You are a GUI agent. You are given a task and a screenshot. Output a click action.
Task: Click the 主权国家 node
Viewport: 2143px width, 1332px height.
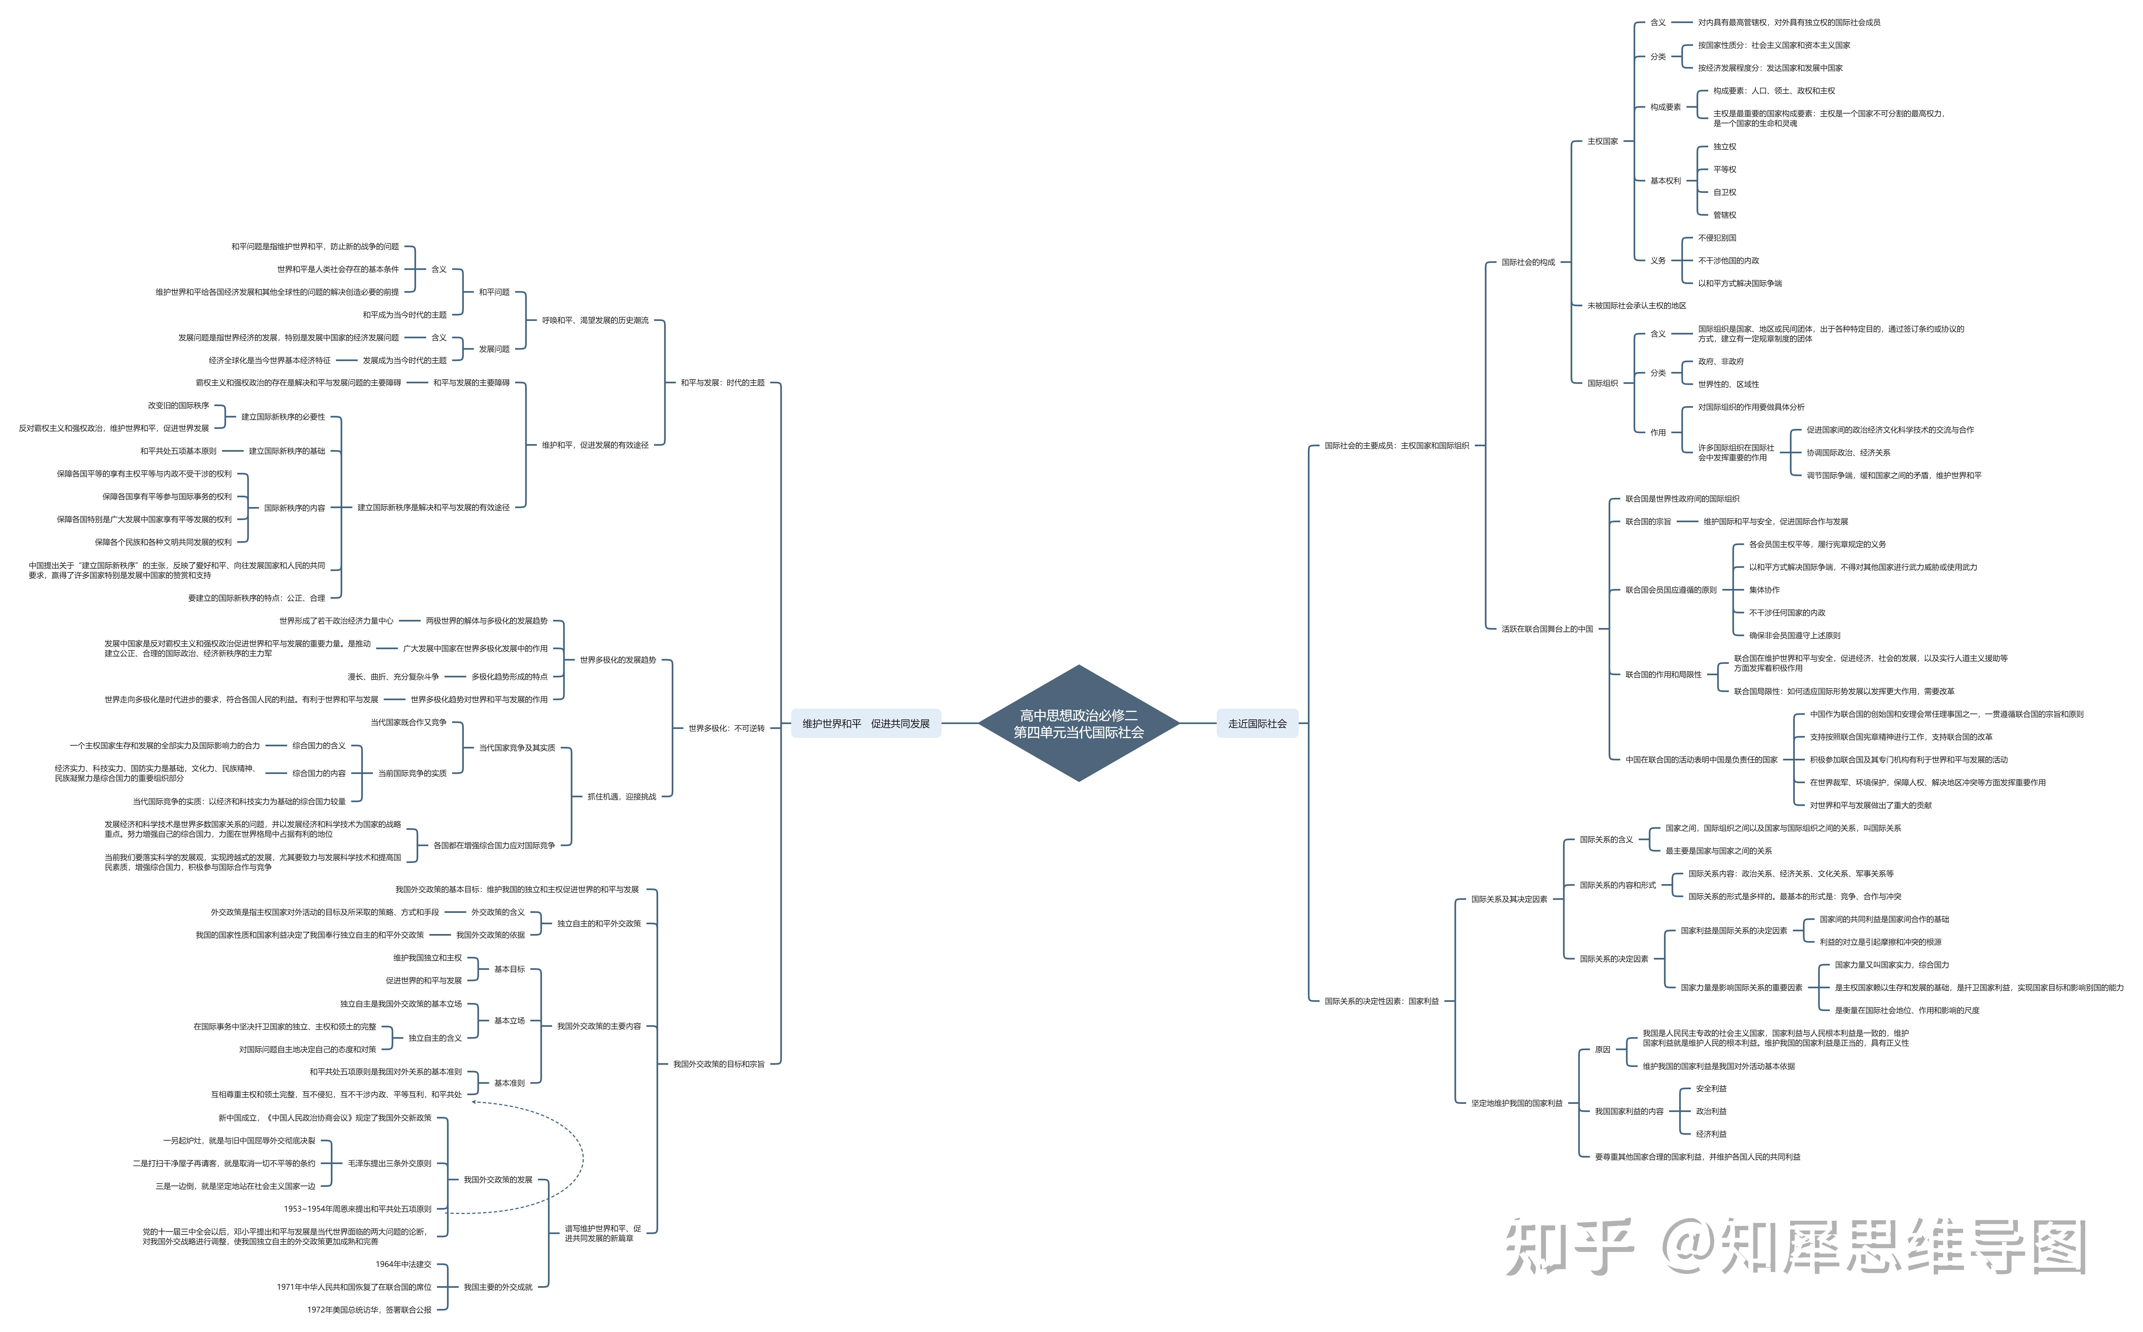point(1602,141)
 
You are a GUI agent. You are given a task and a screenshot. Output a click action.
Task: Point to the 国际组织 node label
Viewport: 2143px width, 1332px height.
point(1602,383)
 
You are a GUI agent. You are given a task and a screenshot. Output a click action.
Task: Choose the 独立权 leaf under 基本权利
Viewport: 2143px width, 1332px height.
point(1724,146)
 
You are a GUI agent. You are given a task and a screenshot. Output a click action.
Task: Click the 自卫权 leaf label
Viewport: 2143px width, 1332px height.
point(1724,192)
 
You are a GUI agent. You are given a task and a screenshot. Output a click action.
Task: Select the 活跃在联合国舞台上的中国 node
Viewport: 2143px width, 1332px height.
point(1546,629)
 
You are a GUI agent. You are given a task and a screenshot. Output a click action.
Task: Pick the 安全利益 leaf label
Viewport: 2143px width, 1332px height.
point(1710,1089)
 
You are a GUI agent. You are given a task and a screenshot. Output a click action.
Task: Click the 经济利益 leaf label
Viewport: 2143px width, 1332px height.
point(1710,1134)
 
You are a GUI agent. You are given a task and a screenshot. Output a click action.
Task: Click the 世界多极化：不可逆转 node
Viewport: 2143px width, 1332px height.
point(726,729)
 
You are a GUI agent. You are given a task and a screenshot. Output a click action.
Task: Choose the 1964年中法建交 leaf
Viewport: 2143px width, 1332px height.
point(404,1264)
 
